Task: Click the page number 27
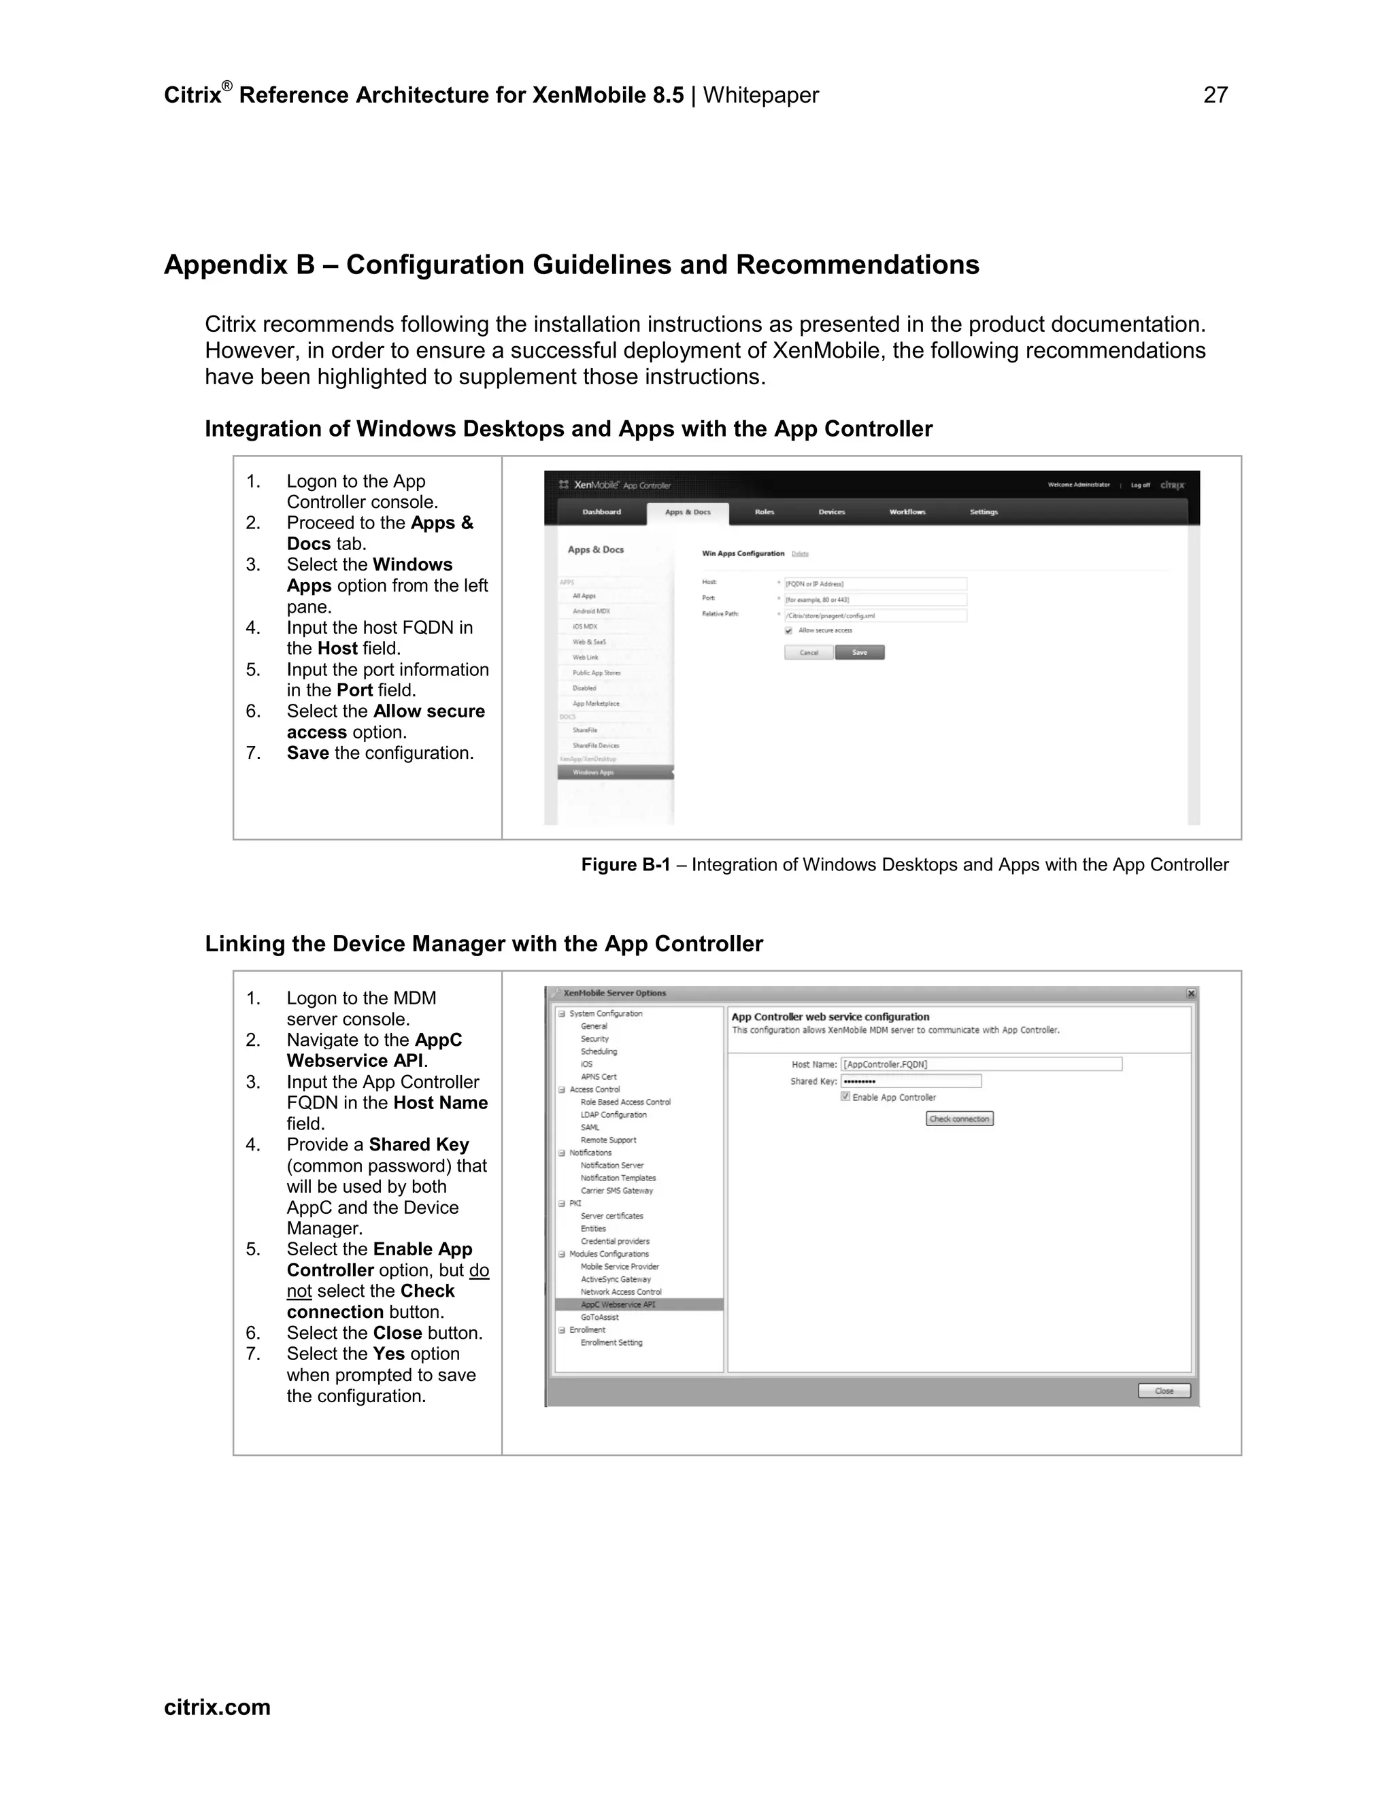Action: [1215, 96]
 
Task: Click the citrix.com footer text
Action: [217, 1707]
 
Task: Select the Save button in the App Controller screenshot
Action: [859, 653]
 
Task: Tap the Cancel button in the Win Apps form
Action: [808, 653]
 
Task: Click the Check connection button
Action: [959, 1119]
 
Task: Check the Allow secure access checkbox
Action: [789, 630]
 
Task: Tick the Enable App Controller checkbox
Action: [845, 1097]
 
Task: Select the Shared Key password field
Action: [910, 1081]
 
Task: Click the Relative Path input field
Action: [875, 615]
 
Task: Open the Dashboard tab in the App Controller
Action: [601, 513]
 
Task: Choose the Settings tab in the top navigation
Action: [984, 513]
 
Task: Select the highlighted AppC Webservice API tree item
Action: [618, 1304]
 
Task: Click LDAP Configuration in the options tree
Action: [613, 1115]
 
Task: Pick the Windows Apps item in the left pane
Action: [593, 772]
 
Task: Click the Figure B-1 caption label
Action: [626, 865]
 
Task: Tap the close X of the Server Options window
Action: [1191, 993]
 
